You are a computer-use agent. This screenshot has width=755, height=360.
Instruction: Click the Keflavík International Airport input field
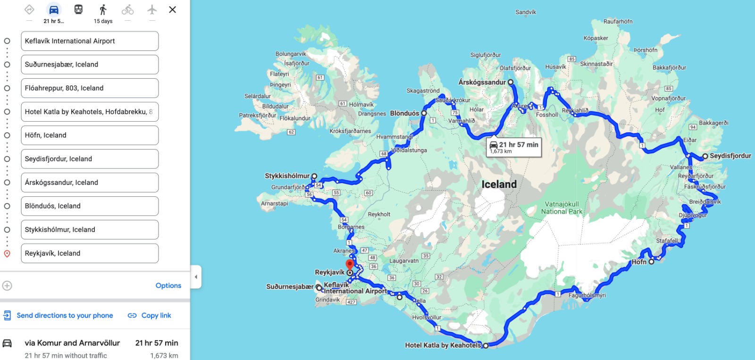pos(90,41)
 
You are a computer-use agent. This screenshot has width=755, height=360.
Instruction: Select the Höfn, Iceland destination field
pos(90,135)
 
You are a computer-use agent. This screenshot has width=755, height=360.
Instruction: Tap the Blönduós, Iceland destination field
pos(90,206)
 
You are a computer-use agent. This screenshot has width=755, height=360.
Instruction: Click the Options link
pos(168,285)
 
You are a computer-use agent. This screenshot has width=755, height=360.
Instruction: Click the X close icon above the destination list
pos(173,9)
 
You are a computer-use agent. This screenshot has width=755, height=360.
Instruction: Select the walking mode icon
pos(103,9)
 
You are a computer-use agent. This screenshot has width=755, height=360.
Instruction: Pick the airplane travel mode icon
pos(152,9)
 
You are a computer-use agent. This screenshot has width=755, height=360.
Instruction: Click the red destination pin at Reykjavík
pos(350,265)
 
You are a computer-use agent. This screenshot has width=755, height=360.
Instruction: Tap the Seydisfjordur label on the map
pos(730,156)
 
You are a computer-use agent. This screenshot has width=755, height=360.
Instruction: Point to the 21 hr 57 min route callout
pos(514,147)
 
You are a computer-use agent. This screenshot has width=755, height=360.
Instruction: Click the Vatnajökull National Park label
pos(562,208)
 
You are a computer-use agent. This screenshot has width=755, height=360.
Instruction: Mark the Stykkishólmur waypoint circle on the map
pos(314,176)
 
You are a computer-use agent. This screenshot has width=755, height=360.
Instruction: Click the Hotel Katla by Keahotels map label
pos(443,345)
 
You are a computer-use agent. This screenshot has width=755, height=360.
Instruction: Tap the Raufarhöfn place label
pos(618,22)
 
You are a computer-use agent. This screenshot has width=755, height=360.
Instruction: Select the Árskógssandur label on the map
pos(482,82)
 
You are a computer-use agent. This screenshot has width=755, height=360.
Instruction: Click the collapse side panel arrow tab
pos(196,277)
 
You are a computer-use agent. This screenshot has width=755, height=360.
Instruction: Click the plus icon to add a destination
pos(7,285)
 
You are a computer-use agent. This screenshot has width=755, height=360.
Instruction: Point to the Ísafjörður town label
pos(297,63)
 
